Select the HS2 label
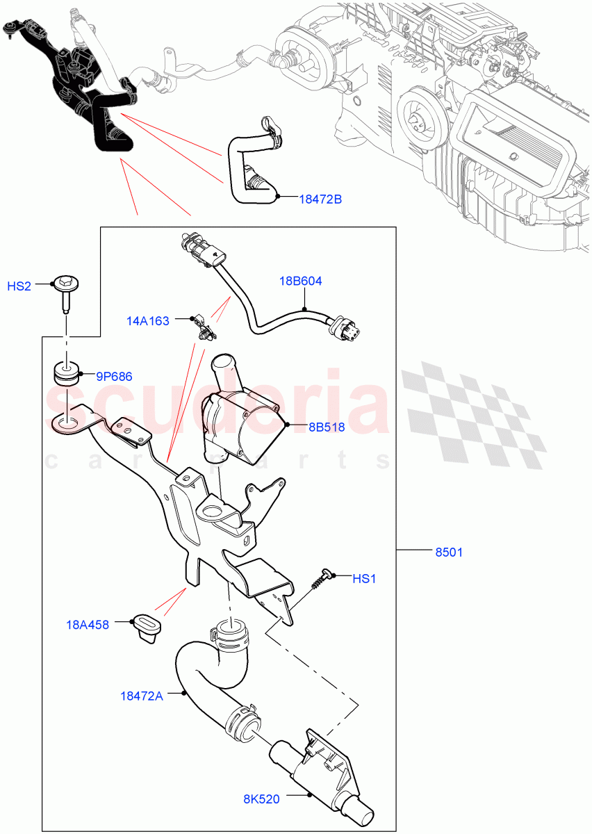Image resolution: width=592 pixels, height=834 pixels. [x=19, y=286]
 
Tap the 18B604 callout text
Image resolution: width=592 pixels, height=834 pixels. [x=302, y=281]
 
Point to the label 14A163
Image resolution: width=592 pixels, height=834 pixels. [x=148, y=321]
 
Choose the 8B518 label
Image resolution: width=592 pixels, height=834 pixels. [x=327, y=427]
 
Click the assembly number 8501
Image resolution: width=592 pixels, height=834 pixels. [x=449, y=553]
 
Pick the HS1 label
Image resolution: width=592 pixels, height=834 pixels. [x=364, y=578]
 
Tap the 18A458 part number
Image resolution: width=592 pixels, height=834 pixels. [x=88, y=625]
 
